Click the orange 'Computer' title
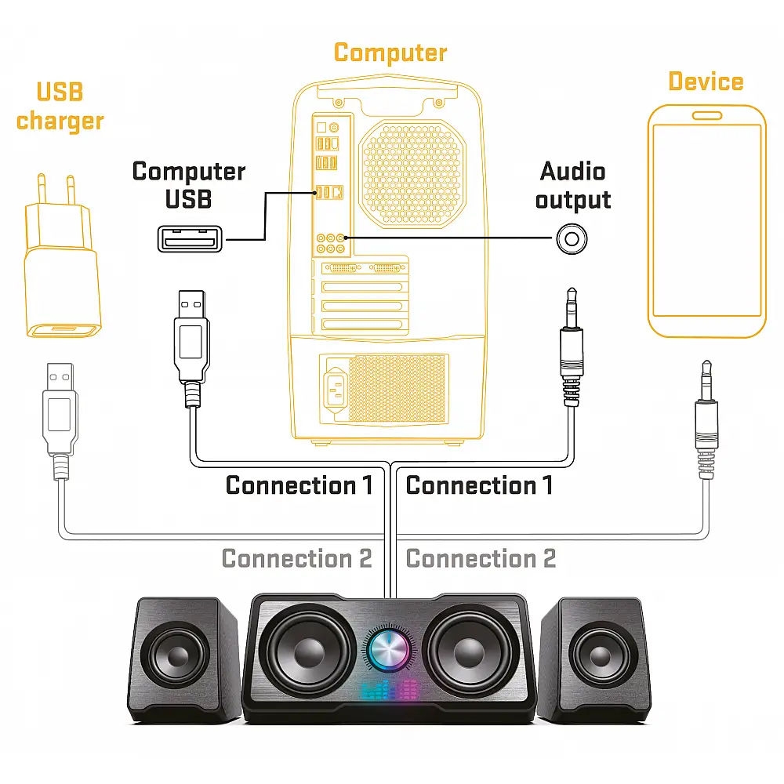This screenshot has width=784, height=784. pyautogui.click(x=390, y=53)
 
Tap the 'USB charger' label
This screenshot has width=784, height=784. pyautogui.click(x=60, y=107)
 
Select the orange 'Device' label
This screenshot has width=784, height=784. pyautogui.click(x=706, y=82)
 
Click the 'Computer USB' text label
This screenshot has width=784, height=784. pyautogui.click(x=188, y=185)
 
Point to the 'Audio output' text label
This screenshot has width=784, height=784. pyautogui.click(x=572, y=185)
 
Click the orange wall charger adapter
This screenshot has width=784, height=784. pyautogui.click(x=62, y=267)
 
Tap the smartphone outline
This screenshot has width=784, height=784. pyautogui.click(x=706, y=221)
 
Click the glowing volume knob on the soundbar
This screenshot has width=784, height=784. pyautogui.click(x=390, y=650)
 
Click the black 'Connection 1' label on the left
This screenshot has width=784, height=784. pyautogui.click(x=299, y=485)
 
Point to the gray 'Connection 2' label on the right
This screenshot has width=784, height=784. pyautogui.click(x=481, y=559)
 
